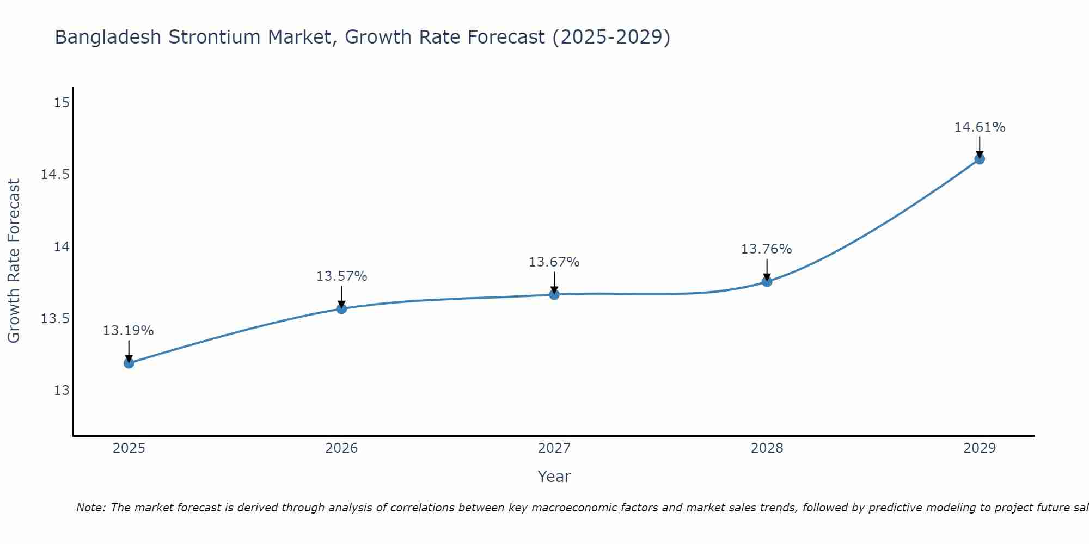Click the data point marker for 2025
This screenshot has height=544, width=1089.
129,363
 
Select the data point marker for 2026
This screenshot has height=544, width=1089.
341,309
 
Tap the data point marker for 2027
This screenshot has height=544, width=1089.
554,295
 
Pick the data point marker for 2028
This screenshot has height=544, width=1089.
767,282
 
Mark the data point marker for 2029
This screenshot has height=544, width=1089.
980,159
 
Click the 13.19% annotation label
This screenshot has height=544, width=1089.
129,331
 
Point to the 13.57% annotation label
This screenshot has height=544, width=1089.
341,276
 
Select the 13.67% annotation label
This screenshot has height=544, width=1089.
554,262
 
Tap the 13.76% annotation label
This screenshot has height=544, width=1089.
767,249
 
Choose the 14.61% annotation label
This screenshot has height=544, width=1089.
980,127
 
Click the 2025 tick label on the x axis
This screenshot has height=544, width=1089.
129,448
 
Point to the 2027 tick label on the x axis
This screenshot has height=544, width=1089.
554,448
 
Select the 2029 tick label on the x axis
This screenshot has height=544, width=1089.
980,448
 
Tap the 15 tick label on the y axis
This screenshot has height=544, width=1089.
62,103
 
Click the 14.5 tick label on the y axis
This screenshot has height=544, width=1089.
56,175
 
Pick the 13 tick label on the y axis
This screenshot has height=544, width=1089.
62,391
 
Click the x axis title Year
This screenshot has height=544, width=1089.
554,477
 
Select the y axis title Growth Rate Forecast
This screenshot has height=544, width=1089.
14,261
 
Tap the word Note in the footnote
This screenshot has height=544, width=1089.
90,508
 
